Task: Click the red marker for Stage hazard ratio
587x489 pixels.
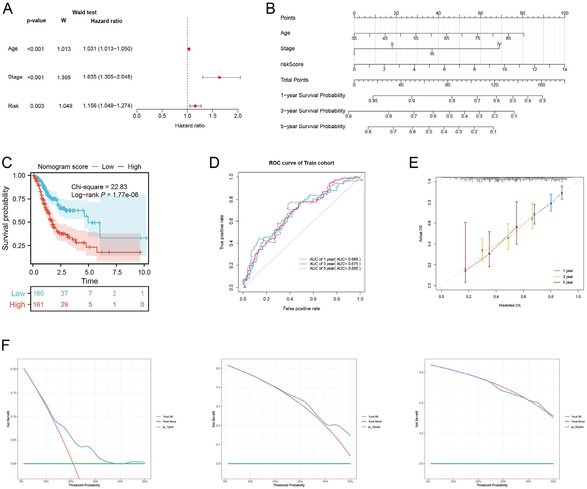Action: [x=219, y=77]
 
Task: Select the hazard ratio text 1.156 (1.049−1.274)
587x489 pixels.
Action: [x=108, y=106]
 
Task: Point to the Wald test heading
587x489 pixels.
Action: [x=84, y=12]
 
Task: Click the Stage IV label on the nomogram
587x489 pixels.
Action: [x=499, y=44]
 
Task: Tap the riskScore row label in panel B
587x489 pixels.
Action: [x=292, y=64]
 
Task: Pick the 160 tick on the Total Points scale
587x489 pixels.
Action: [x=541, y=85]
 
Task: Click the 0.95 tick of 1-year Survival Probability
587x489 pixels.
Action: [x=373, y=101]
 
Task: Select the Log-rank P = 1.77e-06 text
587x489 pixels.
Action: [x=105, y=195]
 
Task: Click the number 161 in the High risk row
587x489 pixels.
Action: [x=38, y=304]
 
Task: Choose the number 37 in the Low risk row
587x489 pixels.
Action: [x=64, y=293]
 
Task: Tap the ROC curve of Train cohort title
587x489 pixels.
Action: [x=301, y=163]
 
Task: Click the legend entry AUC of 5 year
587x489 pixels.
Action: [x=335, y=268]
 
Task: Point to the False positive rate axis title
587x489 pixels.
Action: [x=301, y=309]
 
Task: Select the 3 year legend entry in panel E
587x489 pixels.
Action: [x=568, y=277]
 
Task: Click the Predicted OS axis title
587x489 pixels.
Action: [x=509, y=305]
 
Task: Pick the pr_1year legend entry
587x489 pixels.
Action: [x=168, y=427]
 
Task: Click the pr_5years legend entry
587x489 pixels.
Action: [x=577, y=427]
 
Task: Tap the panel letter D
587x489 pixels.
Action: [x=214, y=163]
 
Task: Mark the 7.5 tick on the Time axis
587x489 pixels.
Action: [x=117, y=272]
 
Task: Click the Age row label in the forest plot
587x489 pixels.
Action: [x=13, y=49]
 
